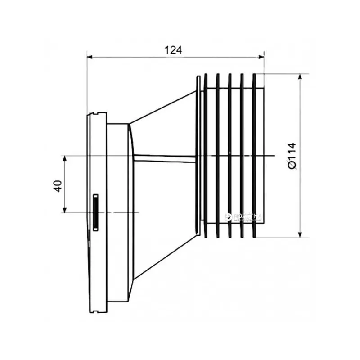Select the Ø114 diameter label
pos(291,156)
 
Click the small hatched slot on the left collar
pos(96,212)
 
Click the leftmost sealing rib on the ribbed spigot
pos(205,155)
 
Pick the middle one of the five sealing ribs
pos(230,155)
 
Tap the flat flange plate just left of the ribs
pos(198,155)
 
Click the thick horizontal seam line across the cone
pos(164,157)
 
